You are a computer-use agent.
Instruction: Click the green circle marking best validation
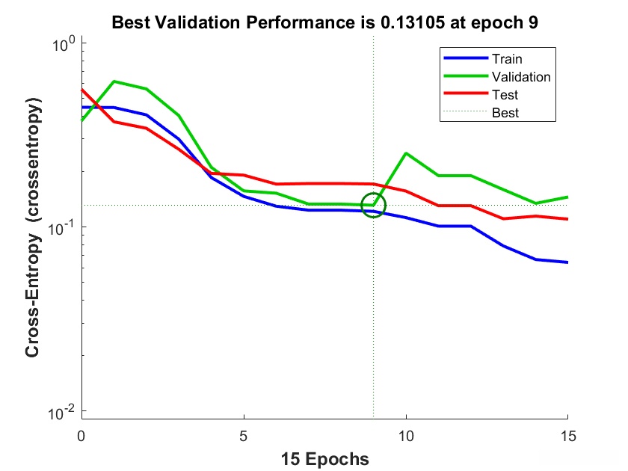(x=373, y=205)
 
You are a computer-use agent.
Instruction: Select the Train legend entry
(x=506, y=58)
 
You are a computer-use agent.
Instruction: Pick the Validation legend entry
(x=520, y=77)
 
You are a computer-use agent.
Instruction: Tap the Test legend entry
(x=505, y=95)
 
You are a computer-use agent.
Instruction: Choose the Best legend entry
(x=505, y=114)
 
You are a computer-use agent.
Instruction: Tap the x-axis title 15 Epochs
(x=324, y=458)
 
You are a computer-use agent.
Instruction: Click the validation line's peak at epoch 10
(x=406, y=153)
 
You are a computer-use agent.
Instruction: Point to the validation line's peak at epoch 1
(x=114, y=81)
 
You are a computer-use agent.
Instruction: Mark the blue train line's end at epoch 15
(x=567, y=262)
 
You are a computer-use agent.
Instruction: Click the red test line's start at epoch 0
(x=81, y=90)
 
